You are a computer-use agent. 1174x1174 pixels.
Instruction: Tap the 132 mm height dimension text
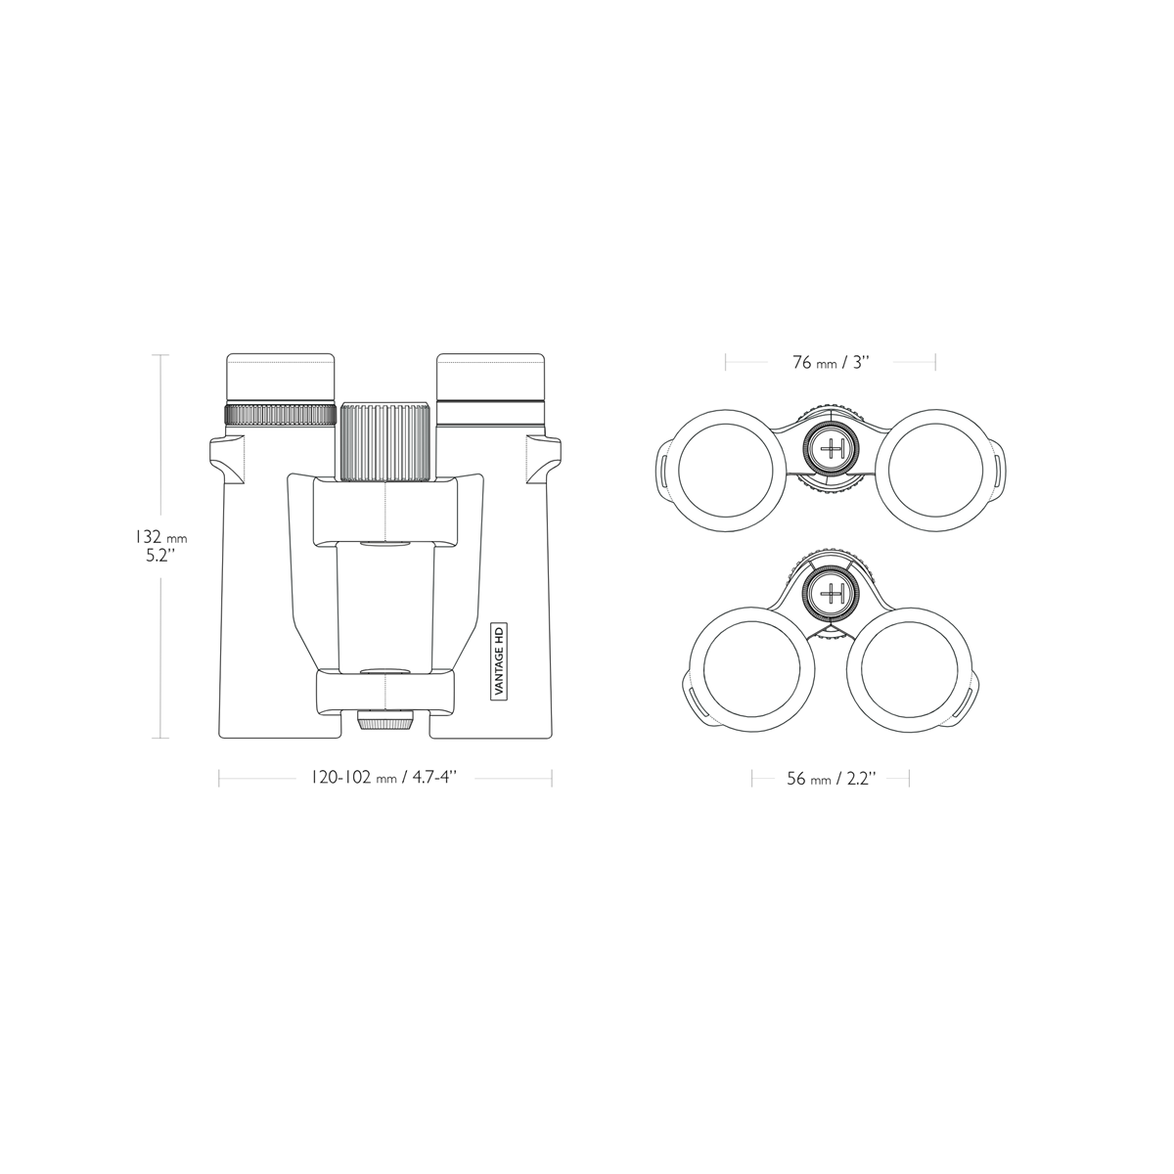tap(160, 537)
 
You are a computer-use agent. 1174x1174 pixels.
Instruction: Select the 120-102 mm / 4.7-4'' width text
tap(384, 778)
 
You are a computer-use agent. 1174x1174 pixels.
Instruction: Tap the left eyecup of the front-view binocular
tap(282, 377)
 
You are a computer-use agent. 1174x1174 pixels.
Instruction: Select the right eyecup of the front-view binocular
tap(489, 377)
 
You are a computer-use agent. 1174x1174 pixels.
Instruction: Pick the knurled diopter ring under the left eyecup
tap(282, 414)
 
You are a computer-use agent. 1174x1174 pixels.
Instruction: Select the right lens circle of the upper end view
tap(940, 468)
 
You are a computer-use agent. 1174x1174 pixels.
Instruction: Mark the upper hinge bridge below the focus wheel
tap(385, 513)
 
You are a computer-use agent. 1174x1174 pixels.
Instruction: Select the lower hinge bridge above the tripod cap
tap(385, 692)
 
